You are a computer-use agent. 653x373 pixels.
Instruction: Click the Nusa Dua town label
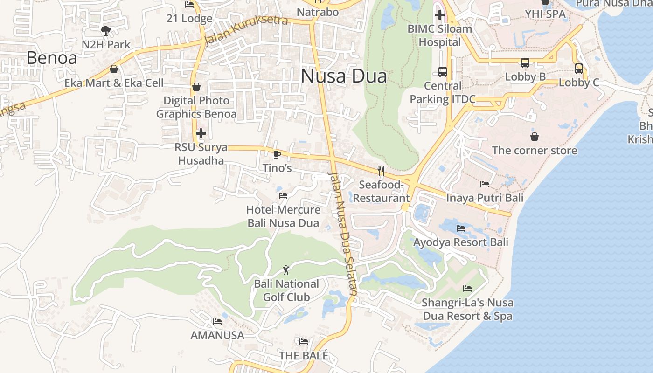tap(344, 76)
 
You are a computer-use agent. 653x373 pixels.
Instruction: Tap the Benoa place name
tap(51, 58)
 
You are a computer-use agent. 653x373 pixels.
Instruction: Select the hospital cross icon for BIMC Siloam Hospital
tap(439, 15)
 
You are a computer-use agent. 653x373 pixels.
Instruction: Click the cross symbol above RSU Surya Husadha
tap(201, 134)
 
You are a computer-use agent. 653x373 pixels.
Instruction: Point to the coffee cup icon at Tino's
tap(277, 154)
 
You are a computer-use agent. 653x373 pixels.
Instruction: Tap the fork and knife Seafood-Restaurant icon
tap(381, 171)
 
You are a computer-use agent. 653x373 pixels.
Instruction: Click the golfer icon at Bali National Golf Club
tap(286, 270)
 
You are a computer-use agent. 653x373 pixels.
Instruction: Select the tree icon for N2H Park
tap(106, 31)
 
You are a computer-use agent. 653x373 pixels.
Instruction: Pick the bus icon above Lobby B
tap(525, 63)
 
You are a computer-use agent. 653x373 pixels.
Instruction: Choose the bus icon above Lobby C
tap(579, 69)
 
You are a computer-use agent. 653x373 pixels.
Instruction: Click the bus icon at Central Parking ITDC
tap(442, 72)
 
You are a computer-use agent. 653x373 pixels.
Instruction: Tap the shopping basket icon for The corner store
tap(535, 137)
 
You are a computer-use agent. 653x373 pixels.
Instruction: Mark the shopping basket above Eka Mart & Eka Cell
tap(114, 69)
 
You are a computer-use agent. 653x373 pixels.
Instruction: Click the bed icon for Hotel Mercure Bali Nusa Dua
tap(283, 196)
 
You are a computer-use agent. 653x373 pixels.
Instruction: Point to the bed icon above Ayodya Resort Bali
tap(461, 228)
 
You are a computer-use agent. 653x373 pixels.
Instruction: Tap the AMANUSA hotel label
tap(217, 335)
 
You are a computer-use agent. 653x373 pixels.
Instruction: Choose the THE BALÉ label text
tap(304, 355)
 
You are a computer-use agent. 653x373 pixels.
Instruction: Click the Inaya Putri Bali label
tap(485, 198)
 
